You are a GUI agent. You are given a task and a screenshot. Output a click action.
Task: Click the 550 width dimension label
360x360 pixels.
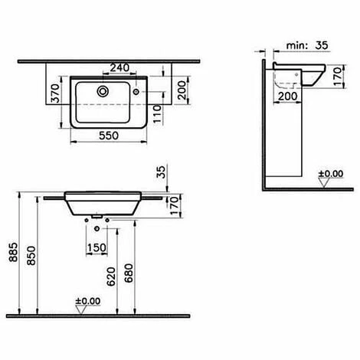click(109, 136)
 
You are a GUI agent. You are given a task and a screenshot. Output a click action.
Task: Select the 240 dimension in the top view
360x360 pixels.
click(119, 68)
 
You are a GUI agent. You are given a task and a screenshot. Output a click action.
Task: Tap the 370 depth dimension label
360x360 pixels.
click(55, 93)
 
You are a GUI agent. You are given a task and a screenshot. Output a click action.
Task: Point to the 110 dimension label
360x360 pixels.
click(158, 114)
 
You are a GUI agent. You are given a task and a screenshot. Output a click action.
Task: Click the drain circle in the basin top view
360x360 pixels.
click(103, 91)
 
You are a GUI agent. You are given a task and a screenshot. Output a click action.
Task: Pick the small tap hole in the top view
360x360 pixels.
click(136, 91)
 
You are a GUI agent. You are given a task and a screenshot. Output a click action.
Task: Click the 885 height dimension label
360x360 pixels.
click(13, 252)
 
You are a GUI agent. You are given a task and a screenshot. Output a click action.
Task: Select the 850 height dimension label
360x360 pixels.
click(31, 255)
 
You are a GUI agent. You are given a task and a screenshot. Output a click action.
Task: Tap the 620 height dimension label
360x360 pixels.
click(111, 277)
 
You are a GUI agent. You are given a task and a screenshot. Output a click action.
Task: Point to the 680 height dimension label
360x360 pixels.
click(129, 273)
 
